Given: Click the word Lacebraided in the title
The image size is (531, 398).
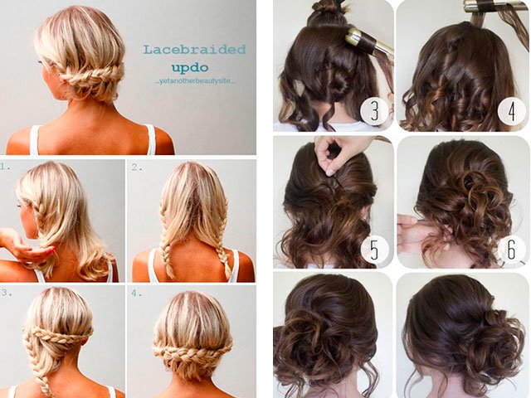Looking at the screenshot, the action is pyautogui.click(x=194, y=50).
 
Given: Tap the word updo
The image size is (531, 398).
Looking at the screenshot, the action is pyautogui.click(x=190, y=68).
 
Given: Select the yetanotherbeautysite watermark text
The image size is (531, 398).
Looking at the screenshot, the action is pyautogui.click(x=197, y=82).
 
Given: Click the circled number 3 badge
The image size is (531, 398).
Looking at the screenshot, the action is pyautogui.click(x=374, y=110).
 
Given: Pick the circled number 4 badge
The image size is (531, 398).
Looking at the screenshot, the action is pyautogui.click(x=512, y=111).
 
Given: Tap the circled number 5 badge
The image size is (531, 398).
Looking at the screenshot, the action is pyautogui.click(x=374, y=250).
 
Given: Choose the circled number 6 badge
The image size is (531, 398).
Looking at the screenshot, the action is pyautogui.click(x=511, y=249).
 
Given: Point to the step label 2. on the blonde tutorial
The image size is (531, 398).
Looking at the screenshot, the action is pyautogui.click(x=136, y=167).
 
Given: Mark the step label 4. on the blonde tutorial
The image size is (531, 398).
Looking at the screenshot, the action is pyautogui.click(x=136, y=293).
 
